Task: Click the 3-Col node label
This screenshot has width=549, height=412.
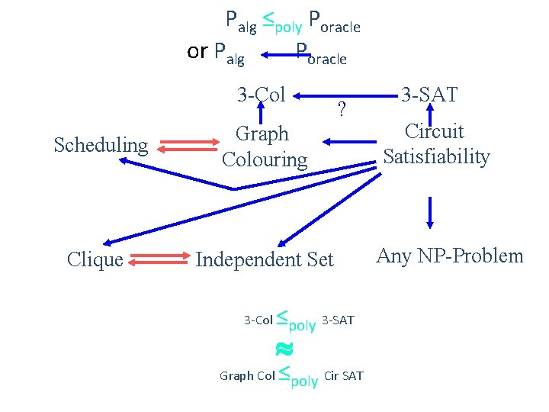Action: click(x=262, y=95)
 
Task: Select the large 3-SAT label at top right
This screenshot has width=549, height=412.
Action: click(x=429, y=95)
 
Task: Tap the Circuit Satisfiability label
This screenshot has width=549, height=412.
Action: click(x=436, y=144)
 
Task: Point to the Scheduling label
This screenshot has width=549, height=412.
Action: click(x=101, y=145)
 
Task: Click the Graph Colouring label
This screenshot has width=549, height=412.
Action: click(x=264, y=146)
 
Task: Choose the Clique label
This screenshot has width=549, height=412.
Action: click(x=95, y=260)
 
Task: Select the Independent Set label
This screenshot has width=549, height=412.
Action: click(x=265, y=260)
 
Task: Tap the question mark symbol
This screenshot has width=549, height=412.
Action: click(x=342, y=111)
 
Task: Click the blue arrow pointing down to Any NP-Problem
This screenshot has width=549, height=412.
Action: click(x=431, y=212)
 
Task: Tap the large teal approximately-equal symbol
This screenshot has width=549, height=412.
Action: click(x=284, y=349)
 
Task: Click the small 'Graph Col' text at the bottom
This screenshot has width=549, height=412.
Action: click(x=247, y=375)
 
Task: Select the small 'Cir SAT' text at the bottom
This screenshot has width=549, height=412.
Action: click(x=344, y=375)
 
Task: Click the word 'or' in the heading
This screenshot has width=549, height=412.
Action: click(x=197, y=51)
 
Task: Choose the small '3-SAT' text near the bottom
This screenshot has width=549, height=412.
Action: click(x=339, y=320)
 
